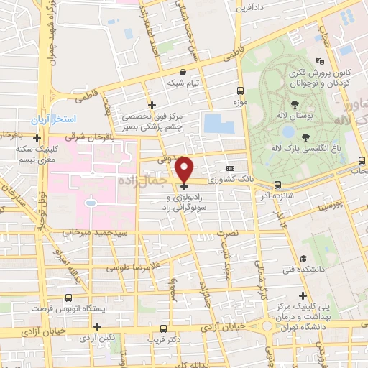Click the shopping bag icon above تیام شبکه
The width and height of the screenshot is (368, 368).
183,72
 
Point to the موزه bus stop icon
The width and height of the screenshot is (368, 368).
240,91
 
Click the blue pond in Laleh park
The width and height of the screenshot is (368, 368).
288,132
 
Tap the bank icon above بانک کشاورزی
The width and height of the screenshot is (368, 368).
231,165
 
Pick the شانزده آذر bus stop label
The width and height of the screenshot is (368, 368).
278,195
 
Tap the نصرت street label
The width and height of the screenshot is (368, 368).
228,234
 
